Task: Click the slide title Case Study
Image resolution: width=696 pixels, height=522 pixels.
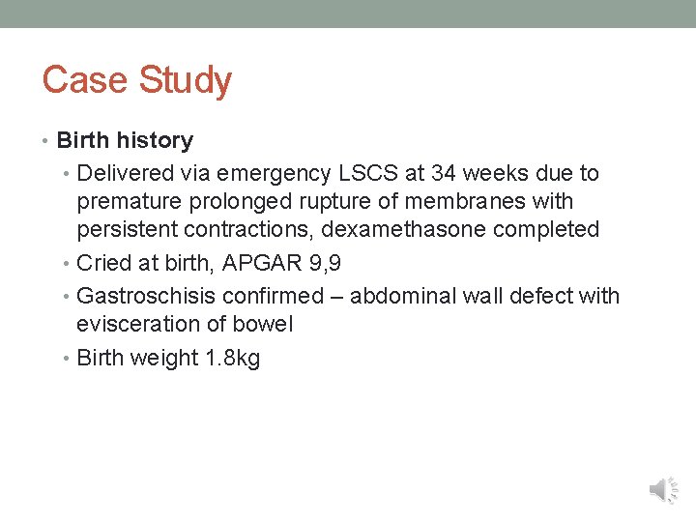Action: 136,80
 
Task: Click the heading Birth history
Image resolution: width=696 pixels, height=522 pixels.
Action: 125,140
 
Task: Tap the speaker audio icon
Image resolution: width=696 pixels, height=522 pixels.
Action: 663,490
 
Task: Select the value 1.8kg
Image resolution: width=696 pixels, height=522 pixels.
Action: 232,359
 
